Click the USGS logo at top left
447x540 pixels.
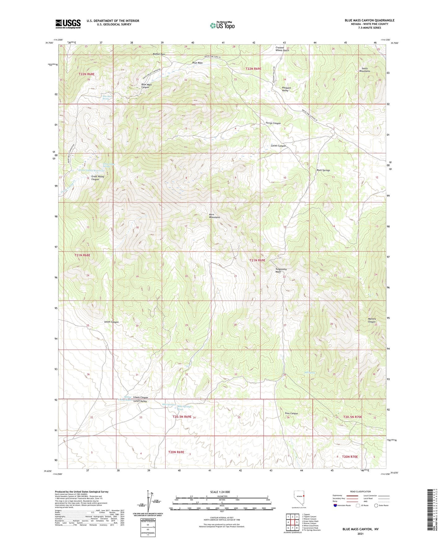(68, 24)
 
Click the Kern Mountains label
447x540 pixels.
(214, 216)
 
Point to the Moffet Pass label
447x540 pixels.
(159, 54)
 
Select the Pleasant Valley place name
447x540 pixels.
(285, 89)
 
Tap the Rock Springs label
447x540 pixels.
(323, 170)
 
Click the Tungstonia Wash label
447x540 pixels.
(281, 270)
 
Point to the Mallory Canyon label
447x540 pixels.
(372, 320)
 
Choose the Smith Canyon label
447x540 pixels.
(111, 322)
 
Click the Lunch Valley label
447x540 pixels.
(140, 401)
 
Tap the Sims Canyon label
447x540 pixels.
(291, 413)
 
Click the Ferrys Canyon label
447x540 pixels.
(273, 123)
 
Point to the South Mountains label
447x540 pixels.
(364, 70)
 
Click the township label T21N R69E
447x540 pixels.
(257, 260)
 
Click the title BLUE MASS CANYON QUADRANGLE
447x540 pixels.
(369, 20)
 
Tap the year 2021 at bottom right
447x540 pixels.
(360, 534)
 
